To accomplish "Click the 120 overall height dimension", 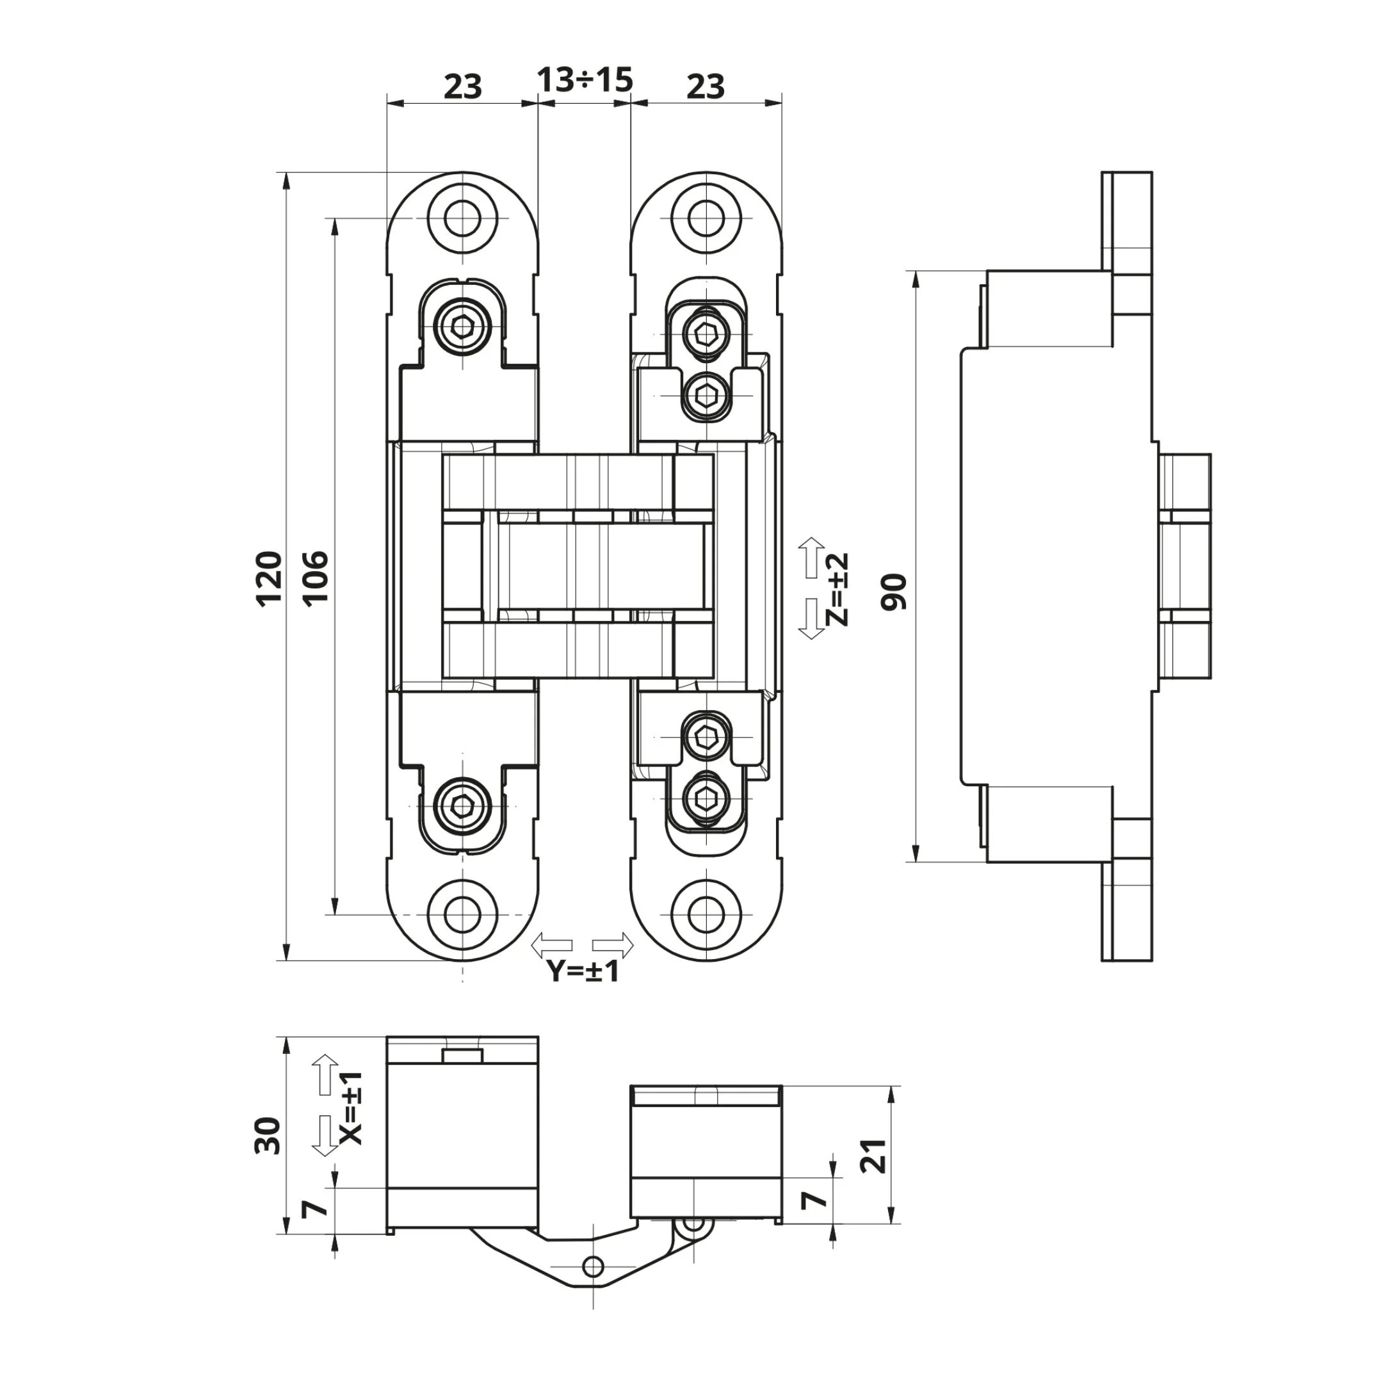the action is (x=270, y=579).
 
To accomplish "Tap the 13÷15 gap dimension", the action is (x=585, y=80).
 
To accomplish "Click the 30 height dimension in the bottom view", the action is (x=268, y=1135).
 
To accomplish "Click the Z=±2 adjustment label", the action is (x=836, y=590).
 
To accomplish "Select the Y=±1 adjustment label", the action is (x=583, y=971).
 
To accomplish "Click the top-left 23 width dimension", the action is (x=462, y=87).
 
